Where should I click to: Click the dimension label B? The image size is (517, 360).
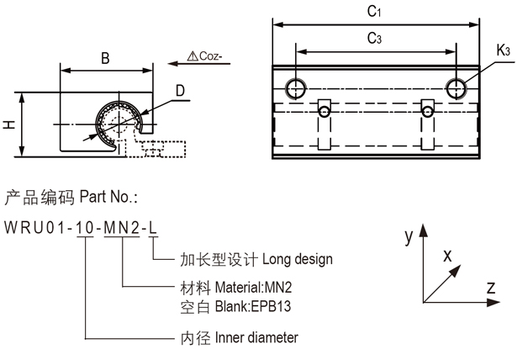click(105, 59)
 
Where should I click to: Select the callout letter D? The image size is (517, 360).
click(181, 91)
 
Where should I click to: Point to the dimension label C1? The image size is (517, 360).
click(375, 13)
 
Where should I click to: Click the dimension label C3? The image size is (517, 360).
click(375, 39)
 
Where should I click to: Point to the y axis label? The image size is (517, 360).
click(408, 238)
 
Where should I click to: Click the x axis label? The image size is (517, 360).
click(447, 254)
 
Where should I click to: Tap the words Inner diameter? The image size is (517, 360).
click(256, 338)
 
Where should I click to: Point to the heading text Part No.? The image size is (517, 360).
click(108, 198)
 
